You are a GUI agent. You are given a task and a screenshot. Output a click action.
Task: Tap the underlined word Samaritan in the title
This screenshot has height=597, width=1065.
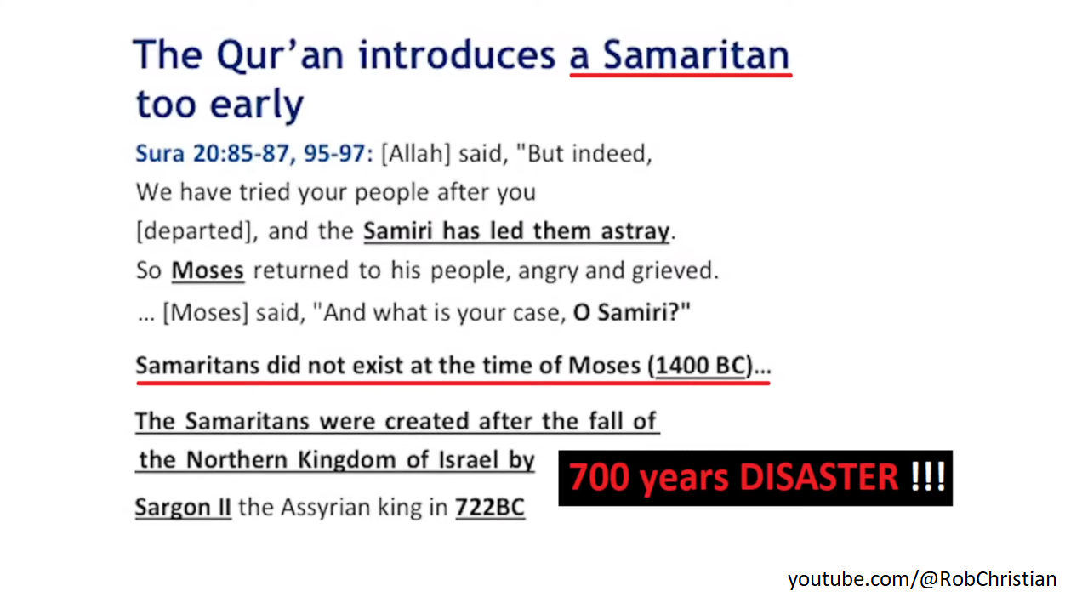[696, 54]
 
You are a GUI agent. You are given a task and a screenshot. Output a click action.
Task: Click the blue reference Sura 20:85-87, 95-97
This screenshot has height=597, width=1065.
[254, 154]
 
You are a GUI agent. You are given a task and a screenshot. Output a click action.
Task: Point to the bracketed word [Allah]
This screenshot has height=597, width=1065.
[416, 154]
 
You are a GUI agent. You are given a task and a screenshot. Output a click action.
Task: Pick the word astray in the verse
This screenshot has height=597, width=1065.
[635, 231]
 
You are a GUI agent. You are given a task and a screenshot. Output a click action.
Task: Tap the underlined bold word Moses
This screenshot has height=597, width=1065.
[208, 270]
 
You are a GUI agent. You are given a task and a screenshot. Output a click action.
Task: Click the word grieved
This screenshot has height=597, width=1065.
[675, 271]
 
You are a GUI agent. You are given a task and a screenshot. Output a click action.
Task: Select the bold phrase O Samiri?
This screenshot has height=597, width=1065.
[631, 312]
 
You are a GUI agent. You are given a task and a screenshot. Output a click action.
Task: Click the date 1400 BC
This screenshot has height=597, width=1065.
[701, 366]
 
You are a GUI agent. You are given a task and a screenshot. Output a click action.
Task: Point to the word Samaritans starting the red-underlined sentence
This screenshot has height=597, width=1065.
[197, 366]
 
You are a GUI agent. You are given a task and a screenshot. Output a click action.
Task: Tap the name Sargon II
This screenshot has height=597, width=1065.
[183, 507]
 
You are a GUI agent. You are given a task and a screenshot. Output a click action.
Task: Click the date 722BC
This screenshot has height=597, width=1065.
[490, 507]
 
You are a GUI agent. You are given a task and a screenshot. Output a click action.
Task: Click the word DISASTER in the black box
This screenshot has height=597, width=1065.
[819, 477]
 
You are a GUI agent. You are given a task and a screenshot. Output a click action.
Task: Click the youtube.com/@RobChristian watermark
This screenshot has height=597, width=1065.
[922, 579]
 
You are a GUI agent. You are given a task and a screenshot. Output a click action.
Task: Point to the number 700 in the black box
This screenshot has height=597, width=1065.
[599, 477]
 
